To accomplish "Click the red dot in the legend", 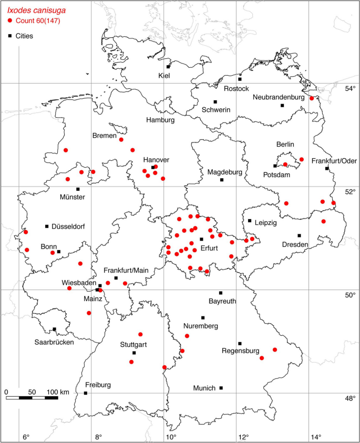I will pyautogui.click(x=11, y=20).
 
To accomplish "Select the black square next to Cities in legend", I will pyautogui.click(x=11, y=36).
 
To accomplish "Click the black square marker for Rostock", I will pyautogui.click(x=240, y=79).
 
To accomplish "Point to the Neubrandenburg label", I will pyautogui.click(x=279, y=97).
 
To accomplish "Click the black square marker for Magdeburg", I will pyautogui.click(x=222, y=180).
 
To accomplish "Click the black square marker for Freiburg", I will pyautogui.click(x=86, y=393).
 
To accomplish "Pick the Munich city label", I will pyautogui.click(x=204, y=388).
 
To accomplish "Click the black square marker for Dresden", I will pyautogui.click(x=300, y=235).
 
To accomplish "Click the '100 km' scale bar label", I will pyautogui.click(x=58, y=392).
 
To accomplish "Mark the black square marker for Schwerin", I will pyautogui.click(x=215, y=102).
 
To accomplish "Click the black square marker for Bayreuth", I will pyautogui.click(x=221, y=293).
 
